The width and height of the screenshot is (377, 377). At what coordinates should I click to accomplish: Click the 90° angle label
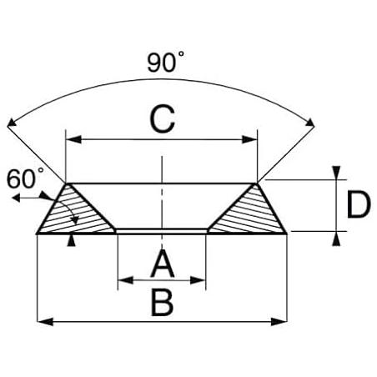click(x=165, y=62)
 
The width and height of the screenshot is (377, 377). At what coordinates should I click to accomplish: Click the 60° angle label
click(x=25, y=178)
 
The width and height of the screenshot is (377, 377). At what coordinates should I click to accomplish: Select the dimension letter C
click(x=163, y=119)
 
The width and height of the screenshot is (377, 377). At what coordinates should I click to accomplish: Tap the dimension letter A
click(x=163, y=264)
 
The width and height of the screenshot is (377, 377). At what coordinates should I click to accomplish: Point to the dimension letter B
click(x=163, y=303)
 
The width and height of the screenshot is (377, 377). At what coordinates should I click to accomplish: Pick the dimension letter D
click(x=359, y=204)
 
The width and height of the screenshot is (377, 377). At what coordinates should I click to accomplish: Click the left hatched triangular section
click(x=75, y=211)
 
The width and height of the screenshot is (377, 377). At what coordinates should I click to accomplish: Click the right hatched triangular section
click(x=249, y=211)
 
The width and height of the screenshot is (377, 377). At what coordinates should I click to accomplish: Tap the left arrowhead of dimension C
click(x=73, y=139)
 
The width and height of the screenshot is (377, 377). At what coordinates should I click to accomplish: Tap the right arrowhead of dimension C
click(x=249, y=139)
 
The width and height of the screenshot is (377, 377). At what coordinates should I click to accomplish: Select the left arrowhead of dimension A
click(x=126, y=280)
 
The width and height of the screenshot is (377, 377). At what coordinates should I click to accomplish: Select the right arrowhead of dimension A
click(x=198, y=280)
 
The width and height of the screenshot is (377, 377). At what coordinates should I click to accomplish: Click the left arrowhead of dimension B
click(x=45, y=322)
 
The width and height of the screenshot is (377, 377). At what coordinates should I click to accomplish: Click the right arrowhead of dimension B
click(x=279, y=322)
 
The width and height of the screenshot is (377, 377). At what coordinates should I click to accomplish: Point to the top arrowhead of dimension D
click(x=336, y=173)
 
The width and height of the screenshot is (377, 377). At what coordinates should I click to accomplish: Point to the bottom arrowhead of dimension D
click(x=336, y=239)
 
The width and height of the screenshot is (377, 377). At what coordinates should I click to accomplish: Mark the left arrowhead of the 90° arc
click(x=12, y=123)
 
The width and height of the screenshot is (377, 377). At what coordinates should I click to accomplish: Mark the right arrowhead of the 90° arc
click(x=309, y=123)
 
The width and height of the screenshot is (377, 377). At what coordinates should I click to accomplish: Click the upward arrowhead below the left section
click(x=72, y=240)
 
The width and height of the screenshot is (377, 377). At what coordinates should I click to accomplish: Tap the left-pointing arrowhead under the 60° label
click(x=16, y=198)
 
